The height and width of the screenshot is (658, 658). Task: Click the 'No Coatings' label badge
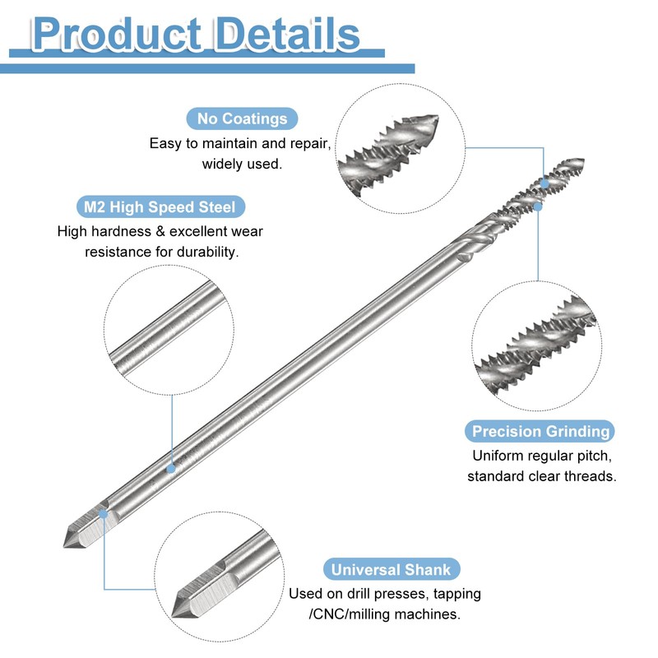(242, 118)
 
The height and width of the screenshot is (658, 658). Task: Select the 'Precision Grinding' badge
(540, 431)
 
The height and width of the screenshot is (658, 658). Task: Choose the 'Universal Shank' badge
(391, 570)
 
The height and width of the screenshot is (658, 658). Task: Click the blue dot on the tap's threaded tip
(544, 180)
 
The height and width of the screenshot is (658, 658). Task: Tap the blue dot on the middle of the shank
(171, 468)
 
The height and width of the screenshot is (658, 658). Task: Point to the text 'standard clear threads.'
(541, 476)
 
